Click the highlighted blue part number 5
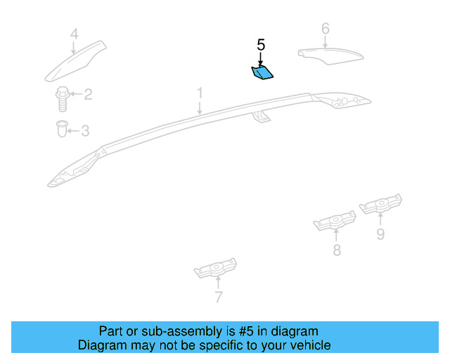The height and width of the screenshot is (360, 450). (x=262, y=71)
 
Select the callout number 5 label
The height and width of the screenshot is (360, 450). (x=261, y=45)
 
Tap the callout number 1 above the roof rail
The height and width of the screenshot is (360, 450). (x=200, y=93)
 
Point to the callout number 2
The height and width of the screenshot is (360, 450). (x=88, y=94)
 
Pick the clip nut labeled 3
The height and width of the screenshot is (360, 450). (x=62, y=130)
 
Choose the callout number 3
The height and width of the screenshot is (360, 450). (x=85, y=131)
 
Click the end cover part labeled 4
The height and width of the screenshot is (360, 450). (x=76, y=61)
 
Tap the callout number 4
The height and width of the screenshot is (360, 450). (x=74, y=33)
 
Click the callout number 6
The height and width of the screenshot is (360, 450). (x=325, y=29)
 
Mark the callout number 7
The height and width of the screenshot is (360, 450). (x=218, y=297)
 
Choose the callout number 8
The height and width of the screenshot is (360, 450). (x=336, y=250)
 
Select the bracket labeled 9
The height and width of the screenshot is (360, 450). (x=380, y=205)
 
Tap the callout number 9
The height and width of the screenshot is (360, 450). (x=380, y=234)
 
